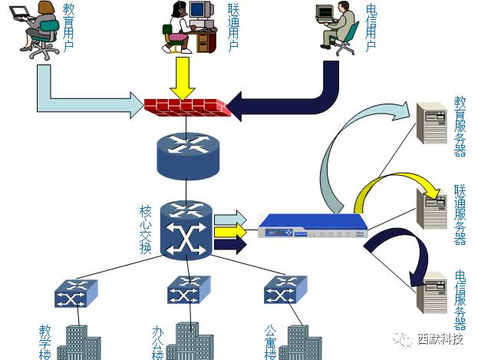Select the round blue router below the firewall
point(185,155)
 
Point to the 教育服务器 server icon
point(431,124)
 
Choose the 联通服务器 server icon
point(431,209)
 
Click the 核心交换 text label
point(146,230)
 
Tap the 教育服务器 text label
point(460,125)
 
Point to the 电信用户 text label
point(371,27)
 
